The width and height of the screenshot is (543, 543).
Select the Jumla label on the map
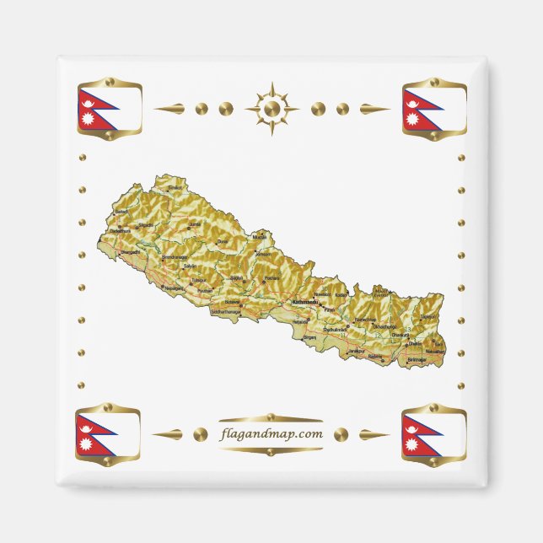point(196,223)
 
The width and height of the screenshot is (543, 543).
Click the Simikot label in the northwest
point(175,187)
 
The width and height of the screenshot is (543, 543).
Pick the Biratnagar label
point(417,358)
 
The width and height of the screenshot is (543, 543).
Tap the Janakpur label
point(357,350)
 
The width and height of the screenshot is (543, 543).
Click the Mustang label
point(259,238)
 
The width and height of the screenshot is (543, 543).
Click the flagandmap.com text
point(271,434)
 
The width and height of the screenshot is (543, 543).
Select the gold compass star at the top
point(271,108)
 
